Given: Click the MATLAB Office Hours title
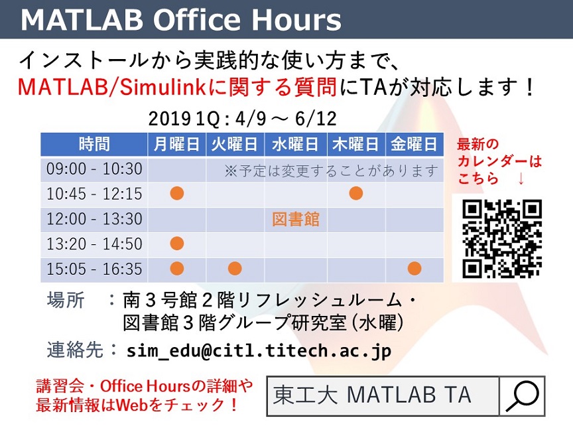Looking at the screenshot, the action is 181,20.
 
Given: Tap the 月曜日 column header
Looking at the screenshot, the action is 176,145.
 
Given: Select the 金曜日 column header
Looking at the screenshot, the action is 414,145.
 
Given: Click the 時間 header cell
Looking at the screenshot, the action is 94,145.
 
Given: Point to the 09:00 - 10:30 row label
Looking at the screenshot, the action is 94,169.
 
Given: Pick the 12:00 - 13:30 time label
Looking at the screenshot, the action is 94,219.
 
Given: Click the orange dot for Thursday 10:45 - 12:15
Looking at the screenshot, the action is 356,193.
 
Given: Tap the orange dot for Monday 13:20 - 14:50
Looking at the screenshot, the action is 177,243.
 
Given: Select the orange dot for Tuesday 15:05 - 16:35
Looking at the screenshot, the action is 235,268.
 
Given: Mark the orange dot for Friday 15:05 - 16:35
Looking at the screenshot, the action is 414,268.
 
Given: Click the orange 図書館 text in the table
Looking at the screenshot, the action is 296,220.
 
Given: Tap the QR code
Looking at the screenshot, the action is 502,238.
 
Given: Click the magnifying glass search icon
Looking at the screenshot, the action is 522,396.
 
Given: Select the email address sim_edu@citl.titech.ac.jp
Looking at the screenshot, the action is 259,351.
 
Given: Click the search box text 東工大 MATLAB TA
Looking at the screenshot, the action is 372,395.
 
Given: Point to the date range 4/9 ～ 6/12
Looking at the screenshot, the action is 286,119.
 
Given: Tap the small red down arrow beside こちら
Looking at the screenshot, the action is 521,179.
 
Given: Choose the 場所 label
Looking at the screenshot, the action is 66,300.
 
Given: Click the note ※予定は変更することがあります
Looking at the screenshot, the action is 331,171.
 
